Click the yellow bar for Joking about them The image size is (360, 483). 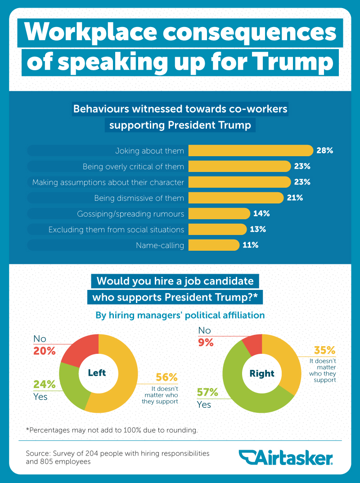pos(250,150)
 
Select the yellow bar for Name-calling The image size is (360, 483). pos(213,245)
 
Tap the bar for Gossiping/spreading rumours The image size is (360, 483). pos(219,213)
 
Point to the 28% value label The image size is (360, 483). pos(325,150)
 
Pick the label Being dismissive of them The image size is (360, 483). pos(139,198)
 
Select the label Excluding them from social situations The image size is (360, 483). pos(116,230)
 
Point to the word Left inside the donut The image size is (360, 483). pos(97,373)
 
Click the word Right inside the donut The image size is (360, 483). pos(262,373)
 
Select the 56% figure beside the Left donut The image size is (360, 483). pos(167,377)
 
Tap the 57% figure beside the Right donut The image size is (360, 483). pos(207,393)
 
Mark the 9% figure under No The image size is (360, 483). pos(206,342)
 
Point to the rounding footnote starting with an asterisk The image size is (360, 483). pos(112,430)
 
